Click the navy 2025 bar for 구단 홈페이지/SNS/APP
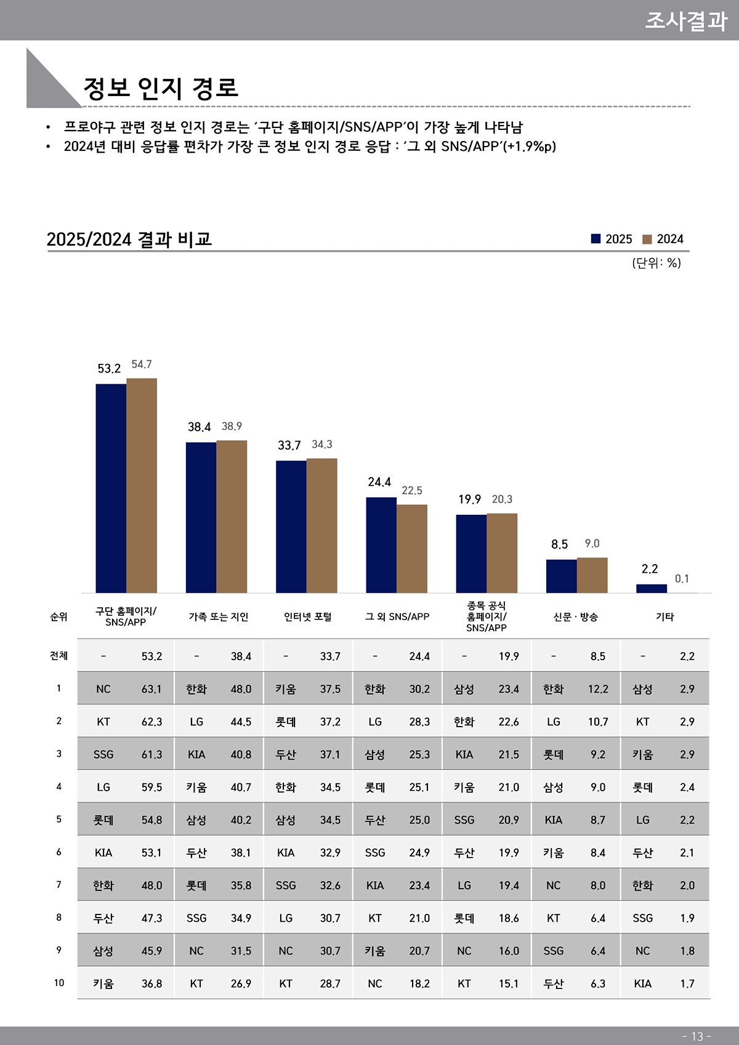111,488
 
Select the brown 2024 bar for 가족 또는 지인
232,517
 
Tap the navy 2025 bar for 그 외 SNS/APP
381,545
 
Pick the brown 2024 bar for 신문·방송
592,575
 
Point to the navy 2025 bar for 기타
651,589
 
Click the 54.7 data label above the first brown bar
142,365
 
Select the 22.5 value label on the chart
412,491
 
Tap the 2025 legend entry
612,239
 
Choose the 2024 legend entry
663,239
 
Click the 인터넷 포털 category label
307,616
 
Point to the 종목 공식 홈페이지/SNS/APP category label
486,616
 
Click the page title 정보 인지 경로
161,88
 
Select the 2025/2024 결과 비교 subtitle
129,239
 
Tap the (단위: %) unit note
656,263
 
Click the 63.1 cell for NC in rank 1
151,689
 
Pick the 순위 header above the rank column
59,616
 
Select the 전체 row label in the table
59,656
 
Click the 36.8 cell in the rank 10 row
151,983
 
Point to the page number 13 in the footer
697,1036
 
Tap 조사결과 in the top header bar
685,20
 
